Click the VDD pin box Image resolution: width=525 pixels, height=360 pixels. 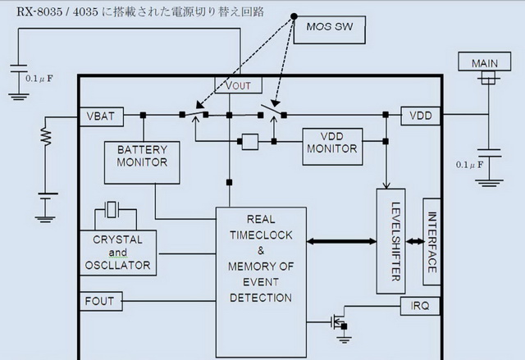point(422,116)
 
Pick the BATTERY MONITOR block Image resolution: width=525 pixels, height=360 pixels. point(142,156)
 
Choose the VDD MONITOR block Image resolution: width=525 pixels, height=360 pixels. point(331,142)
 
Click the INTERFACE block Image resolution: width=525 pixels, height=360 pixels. point(432,241)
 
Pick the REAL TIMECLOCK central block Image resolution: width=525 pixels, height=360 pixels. point(261,258)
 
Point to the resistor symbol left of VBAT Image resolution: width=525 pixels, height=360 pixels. point(48,135)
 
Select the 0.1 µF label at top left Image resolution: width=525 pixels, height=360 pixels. point(41,80)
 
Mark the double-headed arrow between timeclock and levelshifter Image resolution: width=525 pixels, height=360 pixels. point(341,241)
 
